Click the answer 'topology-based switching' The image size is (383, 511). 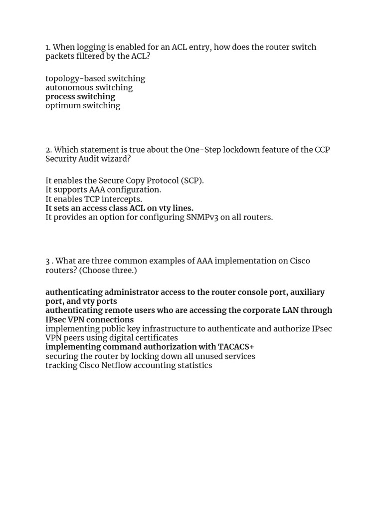[95, 78]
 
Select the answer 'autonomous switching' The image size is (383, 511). [89, 87]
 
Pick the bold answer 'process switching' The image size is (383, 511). [80, 96]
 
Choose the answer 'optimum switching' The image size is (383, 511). [83, 105]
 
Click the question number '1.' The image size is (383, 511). [48, 47]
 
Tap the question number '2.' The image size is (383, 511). [48, 150]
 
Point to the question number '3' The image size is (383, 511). [47, 261]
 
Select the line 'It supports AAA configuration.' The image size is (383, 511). [103, 190]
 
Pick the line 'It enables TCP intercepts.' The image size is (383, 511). [94, 199]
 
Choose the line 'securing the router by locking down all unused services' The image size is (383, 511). [150, 356]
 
